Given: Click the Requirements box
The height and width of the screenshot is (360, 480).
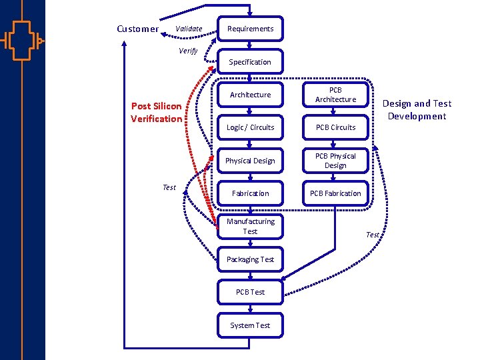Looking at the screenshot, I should tap(250, 29).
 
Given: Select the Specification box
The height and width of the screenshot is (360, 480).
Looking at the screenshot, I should tap(250, 62).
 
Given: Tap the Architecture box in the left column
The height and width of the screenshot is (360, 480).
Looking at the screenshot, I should tap(250, 95).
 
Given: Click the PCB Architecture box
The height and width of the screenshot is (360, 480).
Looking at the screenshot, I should tap(335, 95).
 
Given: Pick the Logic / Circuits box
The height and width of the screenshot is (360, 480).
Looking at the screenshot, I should tap(250, 127).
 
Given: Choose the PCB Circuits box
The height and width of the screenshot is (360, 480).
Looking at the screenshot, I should tap(335, 127).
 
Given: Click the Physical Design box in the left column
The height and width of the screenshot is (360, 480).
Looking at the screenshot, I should tap(250, 161).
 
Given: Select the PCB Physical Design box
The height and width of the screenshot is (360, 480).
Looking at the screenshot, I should tap(335, 161).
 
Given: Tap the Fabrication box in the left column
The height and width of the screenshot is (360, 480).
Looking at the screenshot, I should tap(250, 193).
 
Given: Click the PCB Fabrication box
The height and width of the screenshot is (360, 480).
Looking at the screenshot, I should tap(335, 193).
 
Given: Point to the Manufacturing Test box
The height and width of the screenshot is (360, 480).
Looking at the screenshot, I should tap(250, 226).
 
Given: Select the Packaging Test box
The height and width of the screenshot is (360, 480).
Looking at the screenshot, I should tap(250, 259).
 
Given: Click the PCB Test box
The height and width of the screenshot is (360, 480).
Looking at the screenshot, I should tap(250, 292).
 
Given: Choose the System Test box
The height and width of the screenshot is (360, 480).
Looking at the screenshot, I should tap(250, 325).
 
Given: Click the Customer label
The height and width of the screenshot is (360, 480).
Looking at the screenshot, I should tap(137, 29).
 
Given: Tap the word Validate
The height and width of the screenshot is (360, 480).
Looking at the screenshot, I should tap(189, 29).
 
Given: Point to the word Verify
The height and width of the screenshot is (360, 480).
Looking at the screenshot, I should tap(188, 51).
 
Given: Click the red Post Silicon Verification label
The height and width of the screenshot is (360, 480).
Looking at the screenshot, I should tap(156, 113).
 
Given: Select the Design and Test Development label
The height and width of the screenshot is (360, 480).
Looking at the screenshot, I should tap(417, 110).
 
